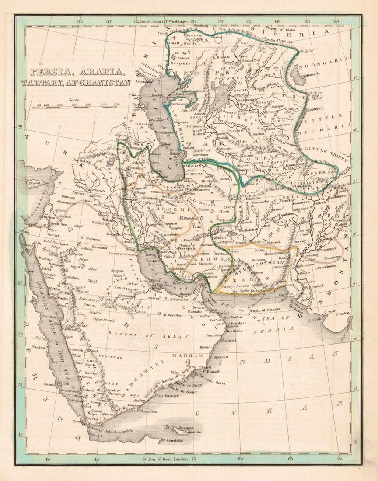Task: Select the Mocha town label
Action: click(x=92, y=418)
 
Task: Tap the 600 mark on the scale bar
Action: click(x=116, y=105)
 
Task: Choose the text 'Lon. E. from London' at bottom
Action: click(x=168, y=459)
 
